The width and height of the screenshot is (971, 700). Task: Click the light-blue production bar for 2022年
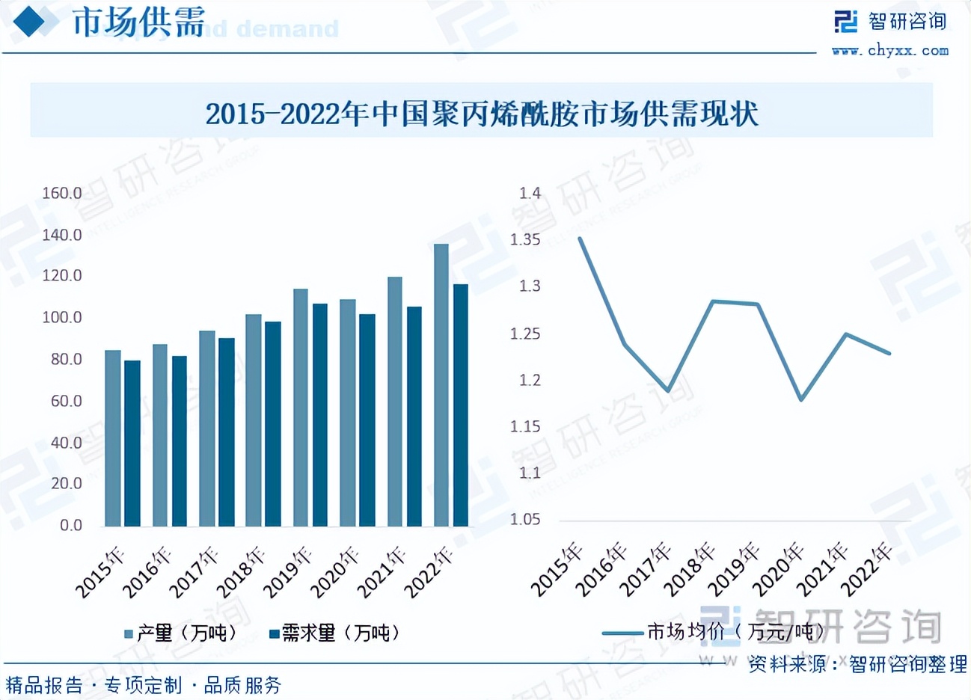coord(441,385)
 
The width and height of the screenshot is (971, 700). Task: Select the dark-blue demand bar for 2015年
coord(132,443)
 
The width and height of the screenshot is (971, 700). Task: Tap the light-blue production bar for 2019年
coord(301,408)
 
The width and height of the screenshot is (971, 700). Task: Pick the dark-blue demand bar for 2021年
coord(414,417)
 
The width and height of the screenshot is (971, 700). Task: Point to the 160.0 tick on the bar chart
coord(62,194)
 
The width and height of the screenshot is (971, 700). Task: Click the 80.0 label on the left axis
coord(66,360)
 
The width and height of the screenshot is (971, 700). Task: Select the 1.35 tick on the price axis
coord(525,240)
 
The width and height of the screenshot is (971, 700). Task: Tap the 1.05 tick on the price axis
coord(525,520)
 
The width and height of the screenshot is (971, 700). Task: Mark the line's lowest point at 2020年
coord(801,399)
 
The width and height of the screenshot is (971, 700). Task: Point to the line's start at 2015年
coord(580,239)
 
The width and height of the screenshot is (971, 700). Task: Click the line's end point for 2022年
coord(889,353)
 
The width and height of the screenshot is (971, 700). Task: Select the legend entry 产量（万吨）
coord(181,633)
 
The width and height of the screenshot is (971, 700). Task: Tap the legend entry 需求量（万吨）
coord(334,633)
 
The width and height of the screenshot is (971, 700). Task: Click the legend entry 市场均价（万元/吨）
coord(714,633)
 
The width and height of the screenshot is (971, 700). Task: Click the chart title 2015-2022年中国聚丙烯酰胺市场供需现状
coord(482,114)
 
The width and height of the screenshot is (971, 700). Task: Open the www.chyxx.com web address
coord(890,51)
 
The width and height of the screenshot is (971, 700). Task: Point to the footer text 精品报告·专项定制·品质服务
coord(144,685)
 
